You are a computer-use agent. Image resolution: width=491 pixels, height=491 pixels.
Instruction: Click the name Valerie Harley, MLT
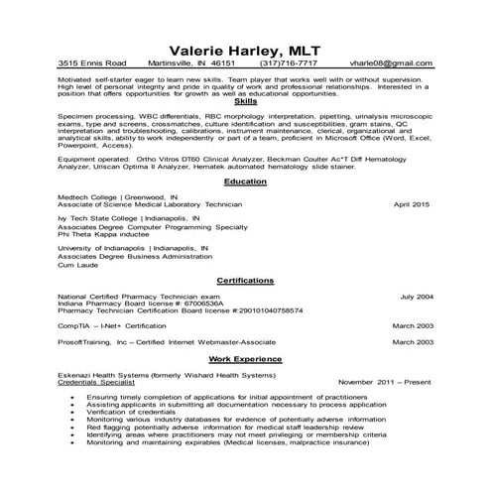[x=245, y=52]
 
